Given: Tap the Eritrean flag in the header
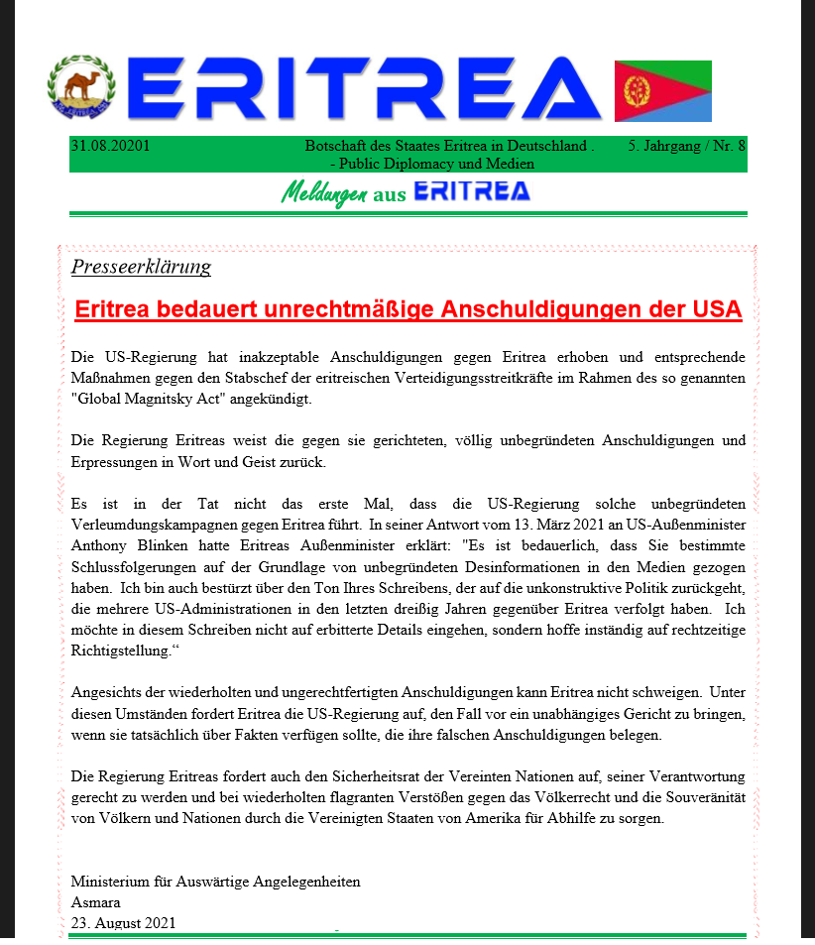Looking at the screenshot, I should (x=662, y=91).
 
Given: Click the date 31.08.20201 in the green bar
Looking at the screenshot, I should (x=110, y=146).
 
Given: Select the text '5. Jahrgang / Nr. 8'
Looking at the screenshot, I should (x=687, y=146).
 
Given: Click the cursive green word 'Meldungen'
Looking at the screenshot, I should (x=324, y=193).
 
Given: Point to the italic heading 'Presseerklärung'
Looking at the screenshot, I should (x=141, y=267).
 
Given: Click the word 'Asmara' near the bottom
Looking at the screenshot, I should (x=95, y=902).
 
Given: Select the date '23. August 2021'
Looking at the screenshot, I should (x=123, y=922).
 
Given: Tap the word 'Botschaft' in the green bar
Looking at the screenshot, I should (x=336, y=146).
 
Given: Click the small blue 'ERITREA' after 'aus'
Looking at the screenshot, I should (x=471, y=192).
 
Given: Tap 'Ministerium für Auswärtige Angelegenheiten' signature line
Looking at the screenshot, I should (x=215, y=882).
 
